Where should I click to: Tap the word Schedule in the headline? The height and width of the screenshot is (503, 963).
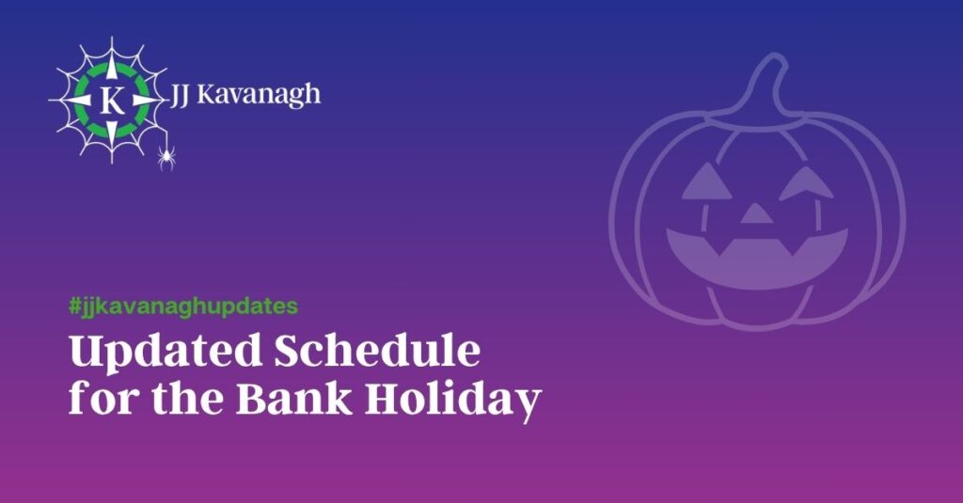377,351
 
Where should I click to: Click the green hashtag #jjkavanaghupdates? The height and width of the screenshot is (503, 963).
183,306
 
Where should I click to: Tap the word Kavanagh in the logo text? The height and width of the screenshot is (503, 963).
259,96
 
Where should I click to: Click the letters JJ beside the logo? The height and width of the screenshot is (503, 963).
180,96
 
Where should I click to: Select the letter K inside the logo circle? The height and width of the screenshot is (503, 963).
112,100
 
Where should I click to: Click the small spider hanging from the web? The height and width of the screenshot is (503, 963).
166,157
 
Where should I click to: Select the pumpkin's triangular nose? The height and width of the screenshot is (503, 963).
756,213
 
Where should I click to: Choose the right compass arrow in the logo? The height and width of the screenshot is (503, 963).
146,100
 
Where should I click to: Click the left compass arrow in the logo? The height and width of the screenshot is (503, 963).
78,100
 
